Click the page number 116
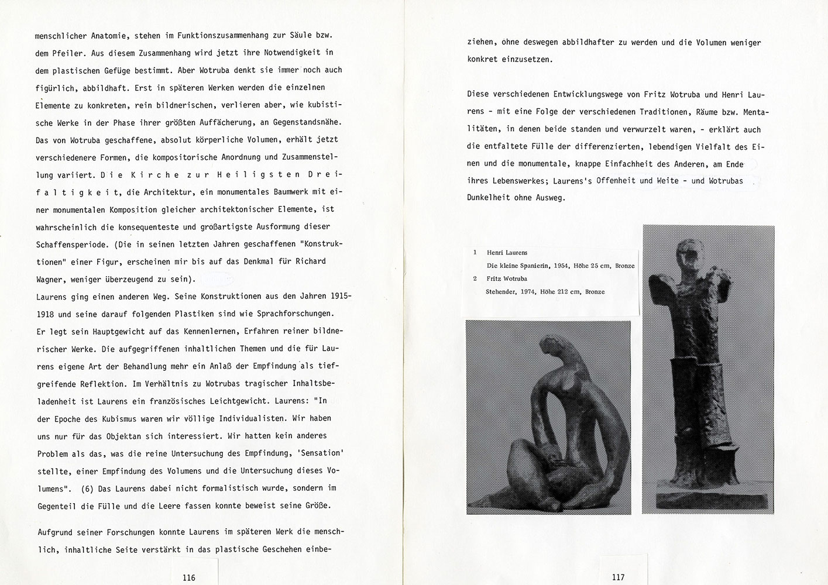click(x=188, y=577)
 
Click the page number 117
click(x=618, y=577)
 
